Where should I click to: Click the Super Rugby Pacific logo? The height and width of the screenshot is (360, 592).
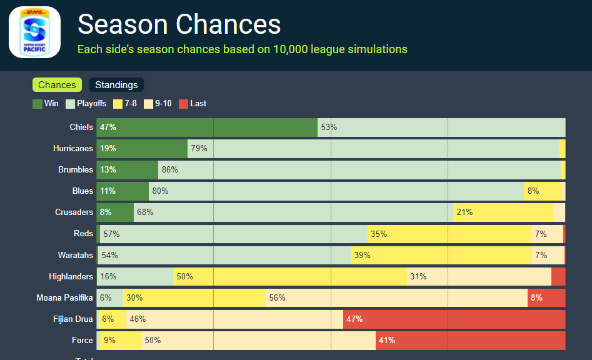(34, 32)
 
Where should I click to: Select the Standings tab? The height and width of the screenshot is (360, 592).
(116, 85)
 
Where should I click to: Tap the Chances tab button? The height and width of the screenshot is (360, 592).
(57, 85)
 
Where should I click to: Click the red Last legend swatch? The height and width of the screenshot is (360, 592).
(183, 104)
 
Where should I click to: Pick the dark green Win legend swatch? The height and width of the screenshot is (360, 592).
(38, 104)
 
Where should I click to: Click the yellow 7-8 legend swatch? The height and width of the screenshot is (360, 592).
(118, 104)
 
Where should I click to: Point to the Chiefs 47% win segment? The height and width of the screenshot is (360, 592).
(207, 127)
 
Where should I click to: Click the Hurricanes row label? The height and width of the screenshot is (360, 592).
(73, 149)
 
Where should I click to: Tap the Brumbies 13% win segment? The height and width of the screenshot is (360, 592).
(128, 170)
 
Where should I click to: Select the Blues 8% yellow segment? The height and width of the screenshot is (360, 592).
(543, 191)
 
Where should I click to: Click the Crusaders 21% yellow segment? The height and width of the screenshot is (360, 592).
(503, 212)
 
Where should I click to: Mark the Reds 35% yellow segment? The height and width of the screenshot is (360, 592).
(449, 234)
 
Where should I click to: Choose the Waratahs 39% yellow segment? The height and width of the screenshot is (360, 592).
(441, 255)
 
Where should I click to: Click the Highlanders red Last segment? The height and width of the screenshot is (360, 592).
(558, 276)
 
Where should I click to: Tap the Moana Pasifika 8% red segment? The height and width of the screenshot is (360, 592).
(546, 298)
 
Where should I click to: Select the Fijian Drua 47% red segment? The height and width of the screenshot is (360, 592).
(454, 319)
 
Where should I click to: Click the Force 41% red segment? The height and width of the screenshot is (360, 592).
(470, 341)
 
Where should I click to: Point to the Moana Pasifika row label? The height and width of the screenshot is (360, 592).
(64, 298)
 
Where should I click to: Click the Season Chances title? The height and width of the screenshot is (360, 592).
(179, 24)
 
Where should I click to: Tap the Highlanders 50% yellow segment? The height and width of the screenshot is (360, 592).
(290, 276)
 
